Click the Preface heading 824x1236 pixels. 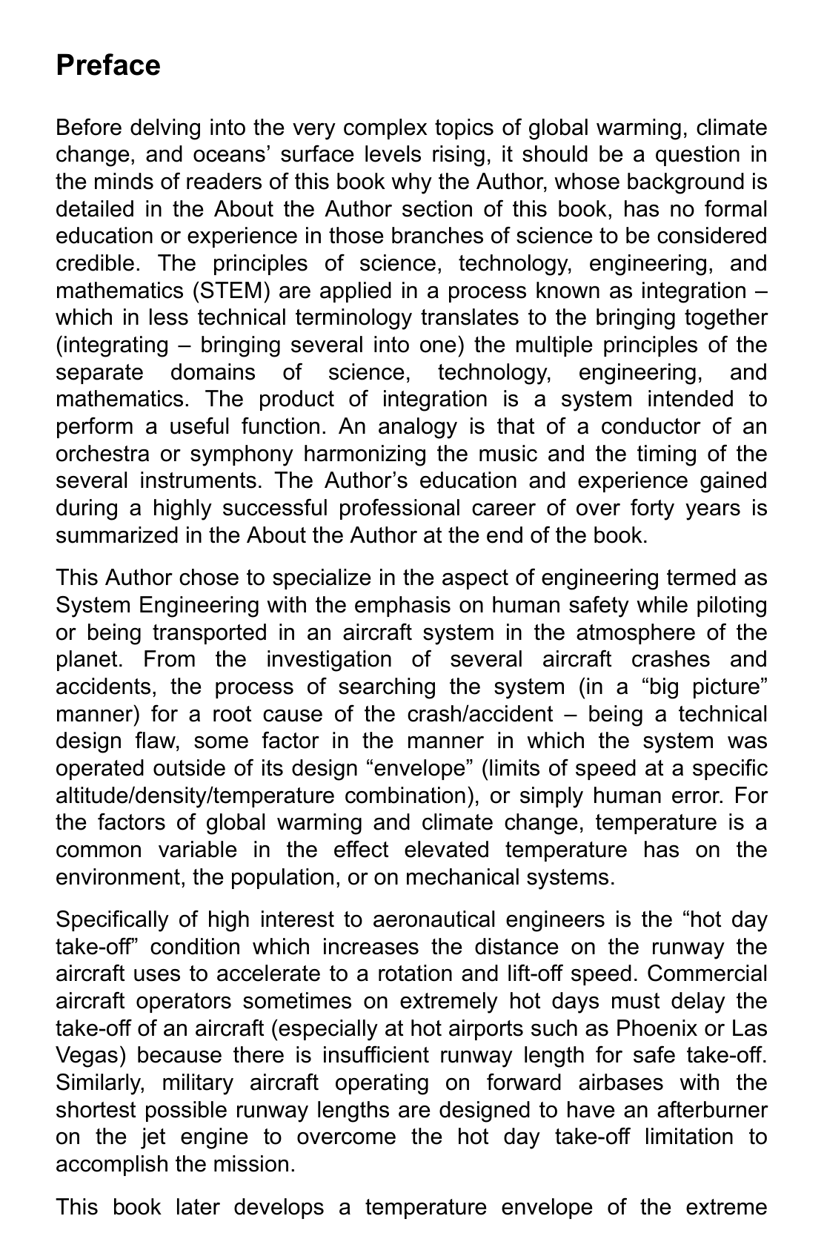108,65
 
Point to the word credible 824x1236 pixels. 96,263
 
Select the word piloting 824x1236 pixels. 731,605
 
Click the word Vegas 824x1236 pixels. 88,1055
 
